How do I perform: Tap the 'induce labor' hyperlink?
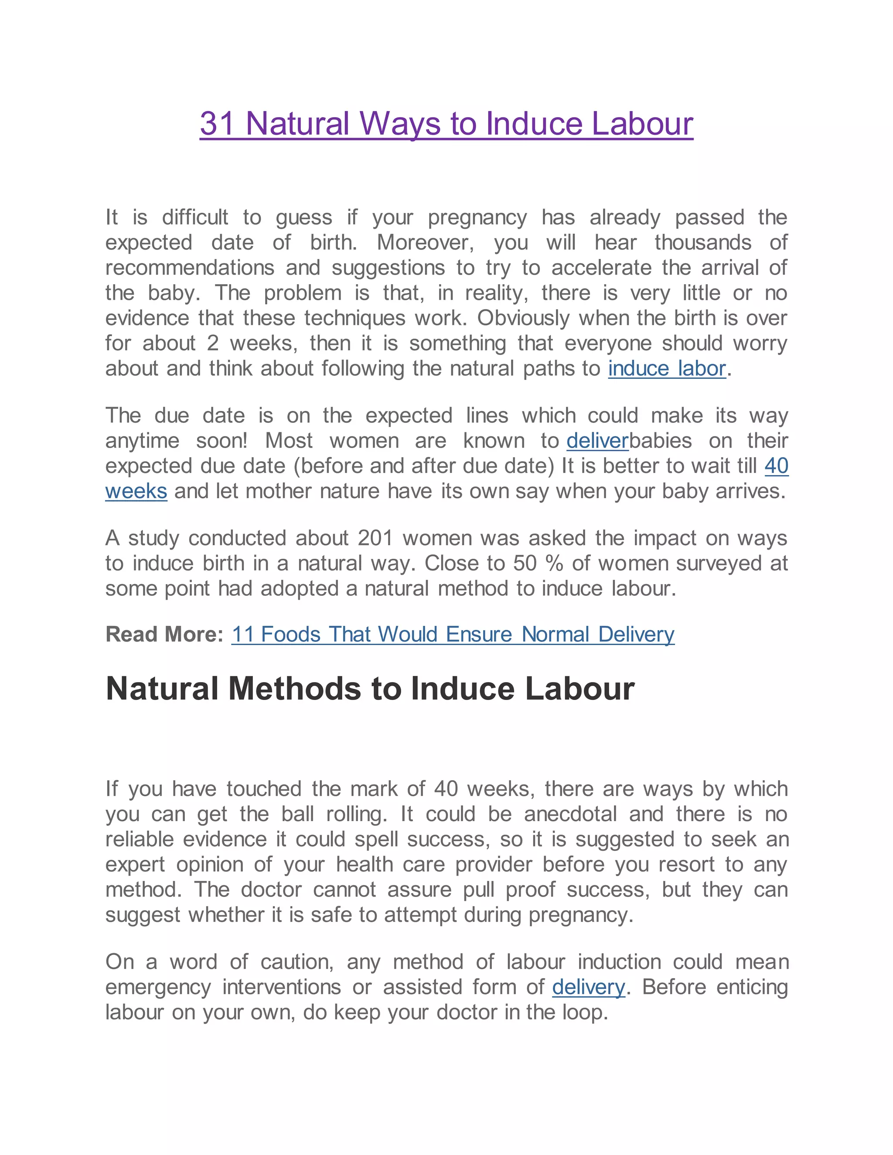[x=667, y=369]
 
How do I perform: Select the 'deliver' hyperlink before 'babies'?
[x=597, y=441]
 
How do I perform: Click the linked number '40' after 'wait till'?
[x=776, y=466]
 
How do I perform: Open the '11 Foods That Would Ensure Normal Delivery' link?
[x=453, y=634]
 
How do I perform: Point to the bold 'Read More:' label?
[x=164, y=634]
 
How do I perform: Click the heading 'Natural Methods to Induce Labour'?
[x=370, y=689]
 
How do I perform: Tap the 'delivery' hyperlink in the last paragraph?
[x=588, y=987]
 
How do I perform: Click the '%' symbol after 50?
[x=554, y=563]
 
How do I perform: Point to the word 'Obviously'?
[x=523, y=318]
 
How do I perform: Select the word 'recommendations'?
[x=189, y=268]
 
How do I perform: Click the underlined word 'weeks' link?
[x=136, y=491]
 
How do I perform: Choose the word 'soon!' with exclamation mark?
[x=222, y=441]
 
